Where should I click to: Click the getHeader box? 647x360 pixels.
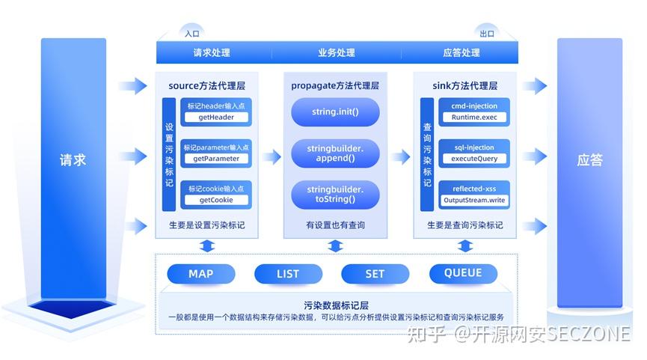coord(216,118)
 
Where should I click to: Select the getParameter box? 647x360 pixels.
coord(216,159)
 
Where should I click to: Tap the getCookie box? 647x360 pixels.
coord(216,200)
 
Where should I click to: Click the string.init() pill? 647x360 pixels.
coord(336,112)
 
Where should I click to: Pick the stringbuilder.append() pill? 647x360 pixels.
coord(336,153)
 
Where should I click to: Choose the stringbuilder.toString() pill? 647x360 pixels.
coord(336,195)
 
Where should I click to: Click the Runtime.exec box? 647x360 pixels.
coord(474,118)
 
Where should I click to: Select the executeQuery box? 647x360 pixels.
coord(474,159)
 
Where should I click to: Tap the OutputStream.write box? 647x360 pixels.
coord(474,200)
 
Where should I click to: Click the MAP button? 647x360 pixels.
coord(200,274)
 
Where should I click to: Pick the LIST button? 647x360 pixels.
coord(288,274)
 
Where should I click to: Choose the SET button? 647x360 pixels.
coord(375,274)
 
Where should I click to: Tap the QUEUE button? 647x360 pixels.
coord(463,273)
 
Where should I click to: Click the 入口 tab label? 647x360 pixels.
coord(192,33)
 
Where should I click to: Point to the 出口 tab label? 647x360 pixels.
coord(487,33)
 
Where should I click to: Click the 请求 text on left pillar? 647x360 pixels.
coord(73,159)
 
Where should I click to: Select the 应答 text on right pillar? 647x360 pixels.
coord(589,159)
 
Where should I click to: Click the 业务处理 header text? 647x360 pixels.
coord(336,53)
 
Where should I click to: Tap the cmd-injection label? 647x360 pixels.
coord(474,106)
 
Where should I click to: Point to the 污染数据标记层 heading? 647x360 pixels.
coord(336,305)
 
